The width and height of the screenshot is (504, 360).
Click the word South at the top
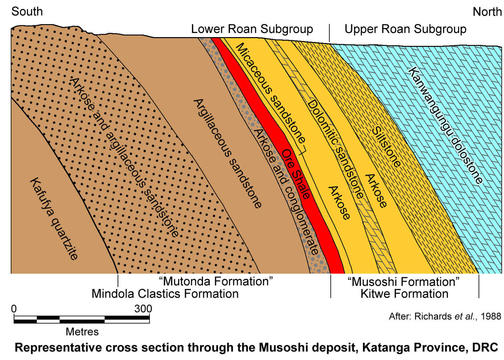click(27, 12)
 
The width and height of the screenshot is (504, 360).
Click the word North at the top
click(487, 12)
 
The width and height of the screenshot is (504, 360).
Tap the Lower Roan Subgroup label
click(252, 29)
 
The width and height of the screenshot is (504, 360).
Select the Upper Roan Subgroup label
click(405, 29)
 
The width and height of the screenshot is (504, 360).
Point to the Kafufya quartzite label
click(54, 219)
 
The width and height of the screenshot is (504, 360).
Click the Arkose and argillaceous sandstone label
click(124, 157)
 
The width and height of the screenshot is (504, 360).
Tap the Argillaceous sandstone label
click(227, 153)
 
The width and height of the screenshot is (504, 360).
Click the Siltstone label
click(386, 147)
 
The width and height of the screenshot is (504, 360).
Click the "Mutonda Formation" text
click(216, 281)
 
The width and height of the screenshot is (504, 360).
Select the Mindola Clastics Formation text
click(165, 294)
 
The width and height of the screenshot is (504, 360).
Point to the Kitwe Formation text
click(404, 294)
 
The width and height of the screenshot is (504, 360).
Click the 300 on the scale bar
click(143, 309)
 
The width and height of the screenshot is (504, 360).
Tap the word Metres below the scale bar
click(82, 332)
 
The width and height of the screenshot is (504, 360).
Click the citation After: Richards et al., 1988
click(445, 316)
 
